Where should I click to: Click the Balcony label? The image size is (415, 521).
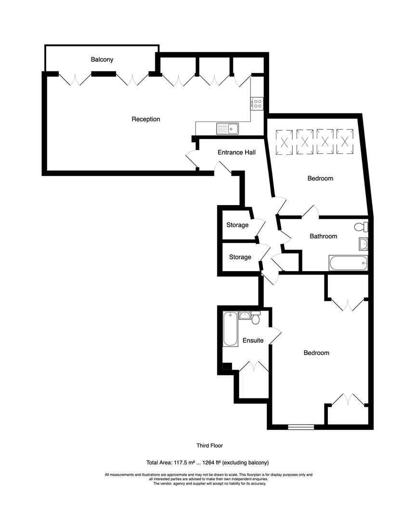pyautogui.click(x=102, y=60)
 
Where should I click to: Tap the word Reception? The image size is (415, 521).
pyautogui.click(x=146, y=119)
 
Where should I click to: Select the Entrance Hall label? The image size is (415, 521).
pyautogui.click(x=236, y=152)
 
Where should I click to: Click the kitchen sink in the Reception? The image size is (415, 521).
pyautogui.click(x=228, y=128)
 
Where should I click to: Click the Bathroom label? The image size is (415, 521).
pyautogui.click(x=323, y=236)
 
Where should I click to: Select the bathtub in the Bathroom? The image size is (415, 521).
pyautogui.click(x=348, y=263)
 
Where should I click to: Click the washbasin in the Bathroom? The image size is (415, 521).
pyautogui.click(x=363, y=245)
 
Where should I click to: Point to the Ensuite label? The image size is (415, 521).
pyautogui.click(x=253, y=341)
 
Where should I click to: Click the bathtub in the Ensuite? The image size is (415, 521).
pyautogui.click(x=231, y=329)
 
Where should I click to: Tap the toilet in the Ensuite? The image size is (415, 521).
pyautogui.click(x=256, y=318)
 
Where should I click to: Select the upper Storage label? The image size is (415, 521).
pyautogui.click(x=237, y=225)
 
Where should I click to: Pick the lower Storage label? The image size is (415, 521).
pyautogui.click(x=240, y=257)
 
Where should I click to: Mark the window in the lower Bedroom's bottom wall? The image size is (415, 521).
pyautogui.click(x=301, y=426)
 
